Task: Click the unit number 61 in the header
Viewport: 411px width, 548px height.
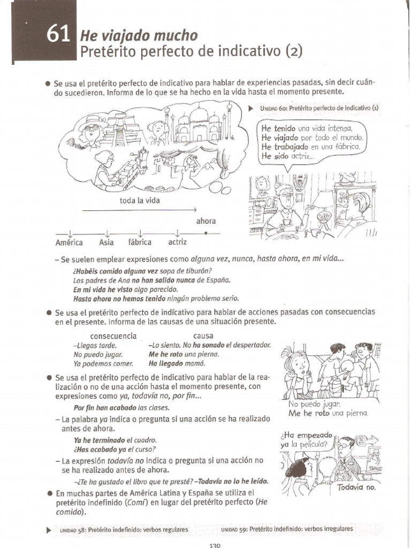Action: pyautogui.click(x=58, y=35)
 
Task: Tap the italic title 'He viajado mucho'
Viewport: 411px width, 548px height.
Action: pyautogui.click(x=138, y=36)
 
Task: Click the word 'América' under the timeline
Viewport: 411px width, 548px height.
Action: pyautogui.click(x=69, y=242)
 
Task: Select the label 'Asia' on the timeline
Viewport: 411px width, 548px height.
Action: pyautogui.click(x=106, y=242)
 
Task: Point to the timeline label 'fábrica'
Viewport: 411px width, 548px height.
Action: pyautogui.click(x=140, y=242)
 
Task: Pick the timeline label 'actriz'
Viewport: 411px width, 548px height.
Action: pyautogui.click(x=177, y=242)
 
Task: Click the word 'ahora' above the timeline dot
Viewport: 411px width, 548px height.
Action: pyautogui.click(x=206, y=221)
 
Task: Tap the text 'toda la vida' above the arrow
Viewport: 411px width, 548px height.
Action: pyautogui.click(x=140, y=201)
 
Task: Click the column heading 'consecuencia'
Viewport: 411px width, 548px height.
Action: pyautogui.click(x=113, y=336)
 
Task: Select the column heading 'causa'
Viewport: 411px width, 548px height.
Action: pyautogui.click(x=203, y=336)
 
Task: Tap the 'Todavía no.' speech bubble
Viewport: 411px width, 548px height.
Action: pyautogui.click(x=356, y=487)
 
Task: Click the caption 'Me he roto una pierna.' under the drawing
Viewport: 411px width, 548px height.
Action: pyautogui.click(x=328, y=413)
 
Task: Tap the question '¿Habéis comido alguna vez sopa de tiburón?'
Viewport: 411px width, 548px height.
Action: pyautogui.click(x=142, y=271)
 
